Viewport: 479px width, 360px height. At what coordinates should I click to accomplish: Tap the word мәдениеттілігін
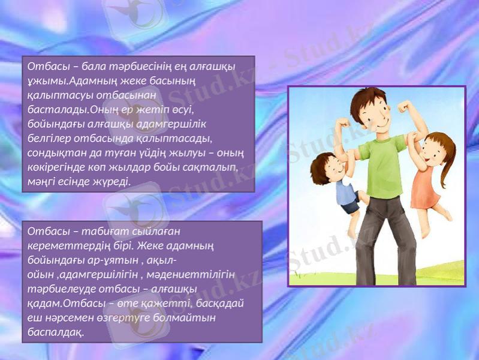click(x=191, y=275)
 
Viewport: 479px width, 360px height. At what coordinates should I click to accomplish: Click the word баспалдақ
click(x=56, y=332)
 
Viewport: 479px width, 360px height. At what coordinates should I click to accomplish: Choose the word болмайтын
click(x=184, y=318)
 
